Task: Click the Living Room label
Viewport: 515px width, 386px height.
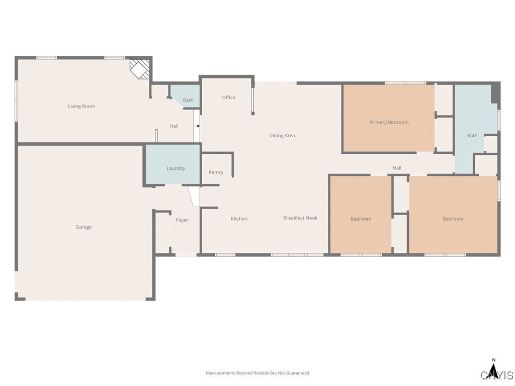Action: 81,106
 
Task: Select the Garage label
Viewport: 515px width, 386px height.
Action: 83,227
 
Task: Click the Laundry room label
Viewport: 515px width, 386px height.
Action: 176,168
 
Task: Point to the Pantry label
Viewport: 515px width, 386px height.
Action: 216,172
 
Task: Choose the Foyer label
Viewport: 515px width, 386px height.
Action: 182,220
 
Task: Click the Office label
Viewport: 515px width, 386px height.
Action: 228,98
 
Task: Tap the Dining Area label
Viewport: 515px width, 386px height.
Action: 282,135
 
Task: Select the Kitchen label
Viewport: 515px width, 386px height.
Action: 239,219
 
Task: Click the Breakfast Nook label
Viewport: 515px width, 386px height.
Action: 300,218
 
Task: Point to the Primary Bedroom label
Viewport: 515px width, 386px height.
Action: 389,122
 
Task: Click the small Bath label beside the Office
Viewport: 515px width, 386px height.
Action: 188,101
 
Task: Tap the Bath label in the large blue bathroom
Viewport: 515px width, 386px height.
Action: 472,135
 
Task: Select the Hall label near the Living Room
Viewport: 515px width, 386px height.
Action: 174,126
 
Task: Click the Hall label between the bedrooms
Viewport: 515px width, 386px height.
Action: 397,168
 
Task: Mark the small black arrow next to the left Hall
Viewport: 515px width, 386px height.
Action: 198,126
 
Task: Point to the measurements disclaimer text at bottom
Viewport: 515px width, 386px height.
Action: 257,373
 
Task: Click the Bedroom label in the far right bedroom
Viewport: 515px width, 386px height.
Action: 453,219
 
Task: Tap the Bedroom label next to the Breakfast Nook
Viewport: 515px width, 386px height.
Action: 361,219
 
